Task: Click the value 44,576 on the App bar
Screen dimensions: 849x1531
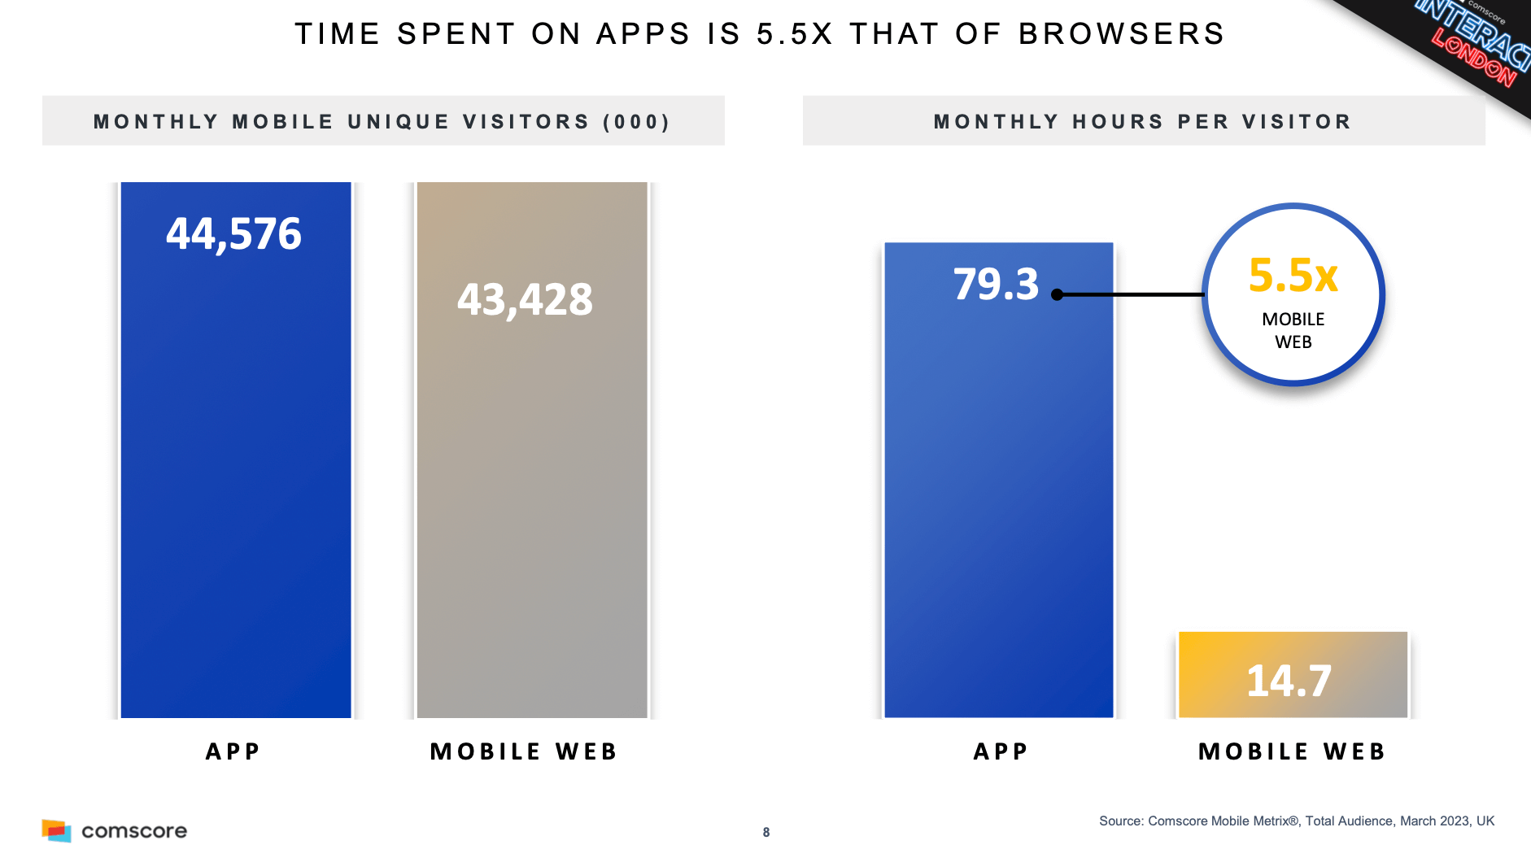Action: pyautogui.click(x=233, y=234)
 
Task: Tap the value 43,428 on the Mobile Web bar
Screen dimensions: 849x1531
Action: pyautogui.click(x=525, y=299)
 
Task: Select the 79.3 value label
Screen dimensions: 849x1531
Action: pyautogui.click(x=996, y=285)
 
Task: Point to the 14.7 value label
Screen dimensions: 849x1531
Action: pyautogui.click(x=1289, y=681)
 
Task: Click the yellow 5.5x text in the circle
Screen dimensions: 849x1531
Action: pyautogui.click(x=1293, y=276)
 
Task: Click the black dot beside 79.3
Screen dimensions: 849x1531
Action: pyautogui.click(x=1057, y=294)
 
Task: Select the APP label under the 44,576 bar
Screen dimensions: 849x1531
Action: pyautogui.click(x=233, y=751)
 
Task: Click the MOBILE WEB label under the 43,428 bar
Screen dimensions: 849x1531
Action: pyautogui.click(x=524, y=751)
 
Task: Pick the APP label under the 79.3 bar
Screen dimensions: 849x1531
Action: pyautogui.click(x=1001, y=751)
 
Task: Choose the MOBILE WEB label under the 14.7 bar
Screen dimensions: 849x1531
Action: pyautogui.click(x=1292, y=751)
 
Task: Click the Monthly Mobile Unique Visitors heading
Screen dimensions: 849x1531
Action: pyautogui.click(x=382, y=122)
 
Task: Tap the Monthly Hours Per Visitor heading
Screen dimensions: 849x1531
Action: pyautogui.click(x=1143, y=122)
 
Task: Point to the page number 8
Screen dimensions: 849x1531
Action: pyautogui.click(x=766, y=832)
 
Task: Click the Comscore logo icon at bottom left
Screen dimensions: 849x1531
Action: pyautogui.click(x=56, y=830)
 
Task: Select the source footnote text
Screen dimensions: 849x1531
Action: pyautogui.click(x=1296, y=821)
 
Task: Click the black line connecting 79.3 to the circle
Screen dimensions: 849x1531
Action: pyautogui.click(x=1131, y=294)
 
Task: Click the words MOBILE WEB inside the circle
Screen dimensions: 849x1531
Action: pyautogui.click(x=1293, y=330)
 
